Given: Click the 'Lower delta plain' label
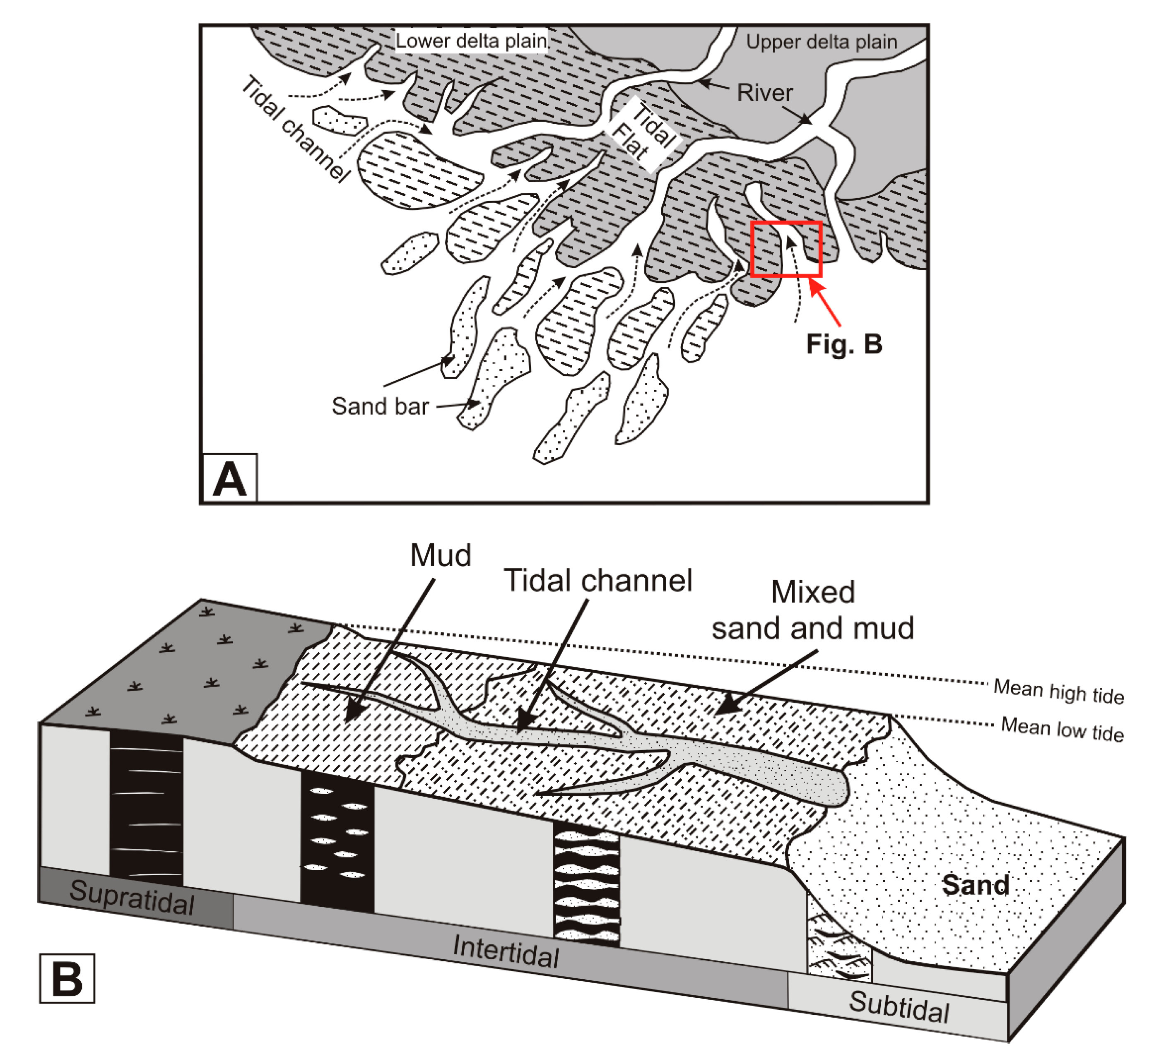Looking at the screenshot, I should (x=471, y=41).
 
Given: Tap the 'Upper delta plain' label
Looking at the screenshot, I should (x=821, y=41).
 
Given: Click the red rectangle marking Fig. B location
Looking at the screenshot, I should (x=786, y=249).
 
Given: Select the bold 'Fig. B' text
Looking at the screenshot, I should (x=843, y=343).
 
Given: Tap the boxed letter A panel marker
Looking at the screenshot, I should (x=229, y=479).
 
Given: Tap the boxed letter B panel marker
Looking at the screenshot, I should (x=67, y=979).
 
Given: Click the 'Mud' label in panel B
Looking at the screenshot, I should (x=441, y=555).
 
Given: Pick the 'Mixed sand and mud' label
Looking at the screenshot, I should (x=812, y=610).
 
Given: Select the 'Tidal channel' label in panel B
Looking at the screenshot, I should (x=598, y=580).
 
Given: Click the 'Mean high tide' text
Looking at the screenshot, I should (x=1058, y=691).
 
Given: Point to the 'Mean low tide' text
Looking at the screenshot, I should (x=1062, y=729).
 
